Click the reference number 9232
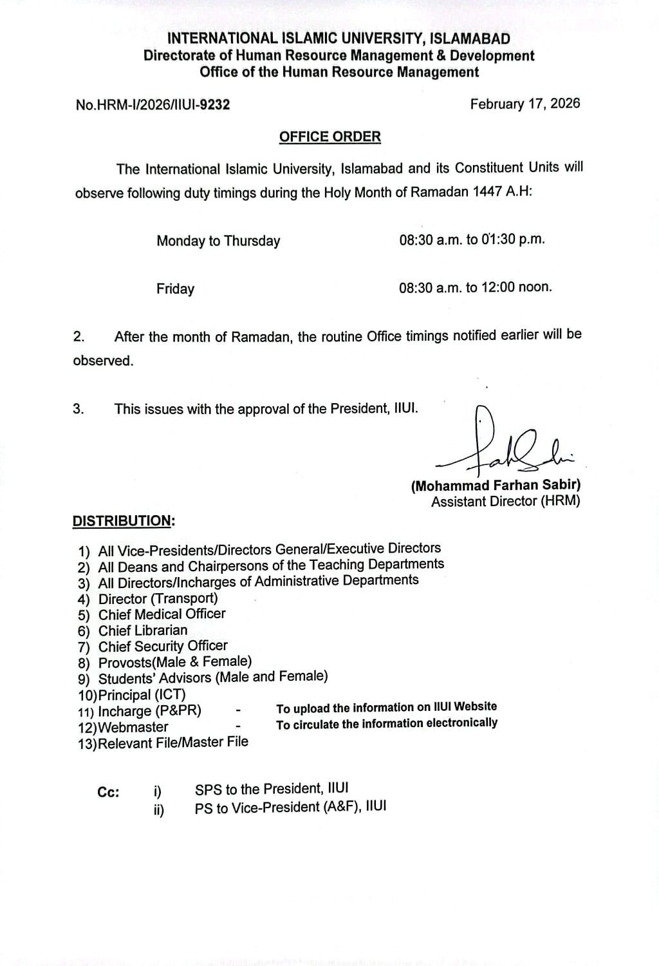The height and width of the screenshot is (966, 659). pyautogui.click(x=214, y=104)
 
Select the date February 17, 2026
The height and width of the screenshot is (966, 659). pyautogui.click(x=524, y=104)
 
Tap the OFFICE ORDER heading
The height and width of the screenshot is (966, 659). pyautogui.click(x=329, y=137)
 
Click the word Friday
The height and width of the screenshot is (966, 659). pyautogui.click(x=175, y=289)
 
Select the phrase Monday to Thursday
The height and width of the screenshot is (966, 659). pyautogui.click(x=218, y=241)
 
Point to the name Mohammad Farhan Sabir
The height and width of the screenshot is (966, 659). pyautogui.click(x=496, y=486)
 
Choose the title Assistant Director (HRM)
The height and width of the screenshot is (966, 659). pyautogui.click(x=505, y=501)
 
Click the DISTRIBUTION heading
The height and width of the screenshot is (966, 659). pyautogui.click(x=123, y=520)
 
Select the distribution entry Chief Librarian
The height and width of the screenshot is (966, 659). pyautogui.click(x=143, y=630)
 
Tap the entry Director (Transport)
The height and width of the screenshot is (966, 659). pyautogui.click(x=158, y=598)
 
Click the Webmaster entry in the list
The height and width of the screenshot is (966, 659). pyautogui.click(x=133, y=727)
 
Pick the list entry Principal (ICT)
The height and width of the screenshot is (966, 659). pyautogui.click(x=142, y=695)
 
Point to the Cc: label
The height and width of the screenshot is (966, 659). pyautogui.click(x=108, y=792)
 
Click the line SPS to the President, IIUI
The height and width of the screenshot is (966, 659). pyautogui.click(x=272, y=789)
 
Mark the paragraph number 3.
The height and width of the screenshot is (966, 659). pyautogui.click(x=79, y=409)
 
